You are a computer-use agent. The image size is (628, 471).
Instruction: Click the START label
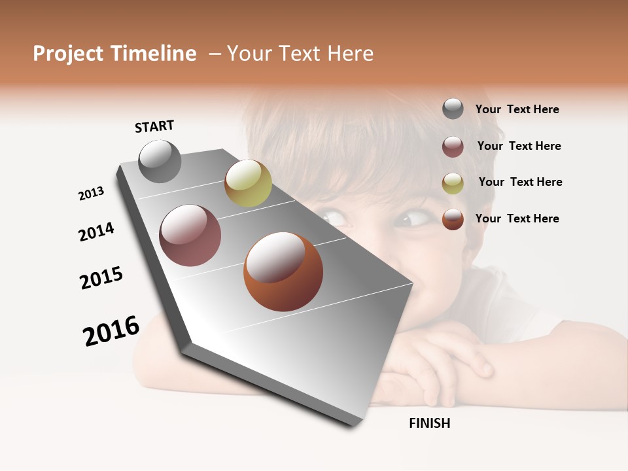click(154, 126)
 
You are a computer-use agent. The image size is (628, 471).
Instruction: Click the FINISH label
click(430, 423)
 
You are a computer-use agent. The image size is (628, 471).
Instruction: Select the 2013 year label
click(91, 194)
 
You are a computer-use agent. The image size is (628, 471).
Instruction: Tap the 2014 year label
click(96, 232)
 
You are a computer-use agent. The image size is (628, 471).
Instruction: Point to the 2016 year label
click(111, 331)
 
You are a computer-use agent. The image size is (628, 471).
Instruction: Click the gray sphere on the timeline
click(160, 161)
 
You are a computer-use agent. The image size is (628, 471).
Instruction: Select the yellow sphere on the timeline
click(248, 183)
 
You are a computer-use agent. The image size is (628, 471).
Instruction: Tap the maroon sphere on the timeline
click(190, 235)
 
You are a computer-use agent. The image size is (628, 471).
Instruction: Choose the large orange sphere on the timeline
click(283, 271)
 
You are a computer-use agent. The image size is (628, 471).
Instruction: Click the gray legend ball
click(453, 109)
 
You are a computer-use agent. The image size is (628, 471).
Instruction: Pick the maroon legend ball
click(453, 147)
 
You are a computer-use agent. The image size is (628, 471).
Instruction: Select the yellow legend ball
click(453, 183)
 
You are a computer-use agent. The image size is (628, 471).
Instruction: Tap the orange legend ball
click(453, 219)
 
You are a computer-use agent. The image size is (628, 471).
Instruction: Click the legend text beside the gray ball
click(517, 109)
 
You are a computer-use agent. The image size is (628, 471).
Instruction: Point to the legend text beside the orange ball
click(517, 218)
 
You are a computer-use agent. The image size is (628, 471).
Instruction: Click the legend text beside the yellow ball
click(520, 182)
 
